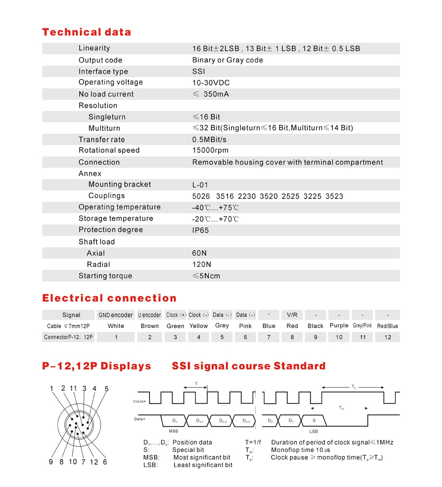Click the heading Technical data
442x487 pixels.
click(x=86, y=32)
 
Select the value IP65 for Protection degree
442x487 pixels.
click(x=200, y=230)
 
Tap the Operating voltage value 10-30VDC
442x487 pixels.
click(x=211, y=83)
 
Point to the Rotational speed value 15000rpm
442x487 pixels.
click(x=210, y=151)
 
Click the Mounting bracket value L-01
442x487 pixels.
click(x=200, y=185)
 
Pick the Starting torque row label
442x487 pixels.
click(x=105, y=276)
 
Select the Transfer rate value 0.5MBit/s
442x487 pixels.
click(x=209, y=140)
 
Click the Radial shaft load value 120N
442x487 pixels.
click(x=201, y=265)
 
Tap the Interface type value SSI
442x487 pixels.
click(x=199, y=72)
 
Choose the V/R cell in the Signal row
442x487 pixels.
click(x=292, y=315)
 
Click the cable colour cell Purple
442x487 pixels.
click(x=339, y=326)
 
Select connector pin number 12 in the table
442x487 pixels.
click(x=387, y=337)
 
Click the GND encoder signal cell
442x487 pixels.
click(x=115, y=315)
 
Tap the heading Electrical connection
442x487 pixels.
click(x=109, y=298)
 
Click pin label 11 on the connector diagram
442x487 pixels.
click(x=73, y=389)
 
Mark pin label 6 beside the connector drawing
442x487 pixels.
click(x=105, y=462)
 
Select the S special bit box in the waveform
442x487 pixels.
click(x=314, y=421)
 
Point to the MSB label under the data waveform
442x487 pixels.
click(x=173, y=431)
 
